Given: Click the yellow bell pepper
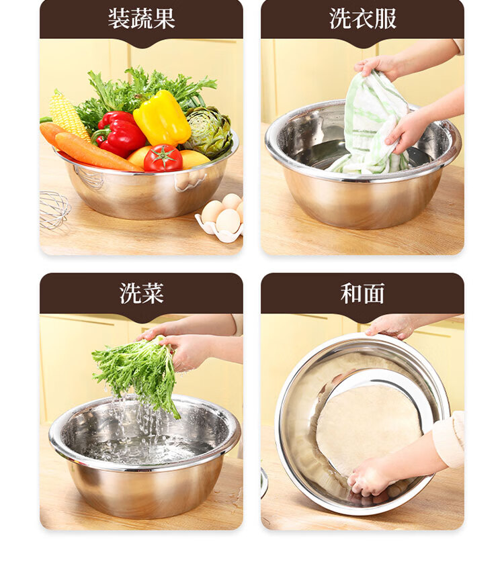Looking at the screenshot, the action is coord(162,117).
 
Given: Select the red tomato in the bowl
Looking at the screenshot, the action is coord(163,158).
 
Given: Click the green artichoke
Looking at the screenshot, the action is coord(209,132).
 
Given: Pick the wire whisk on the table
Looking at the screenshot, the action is coord(54,210).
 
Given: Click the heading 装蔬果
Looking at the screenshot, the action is coord(141,19).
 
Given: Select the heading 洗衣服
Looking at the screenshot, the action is coord(362,19).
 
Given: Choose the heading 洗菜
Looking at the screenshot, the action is coord(141,293).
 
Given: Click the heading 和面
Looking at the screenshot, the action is coord(362,293).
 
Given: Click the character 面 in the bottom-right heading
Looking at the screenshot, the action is coord(374,293).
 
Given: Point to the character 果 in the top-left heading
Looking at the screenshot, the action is coord(164,19).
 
